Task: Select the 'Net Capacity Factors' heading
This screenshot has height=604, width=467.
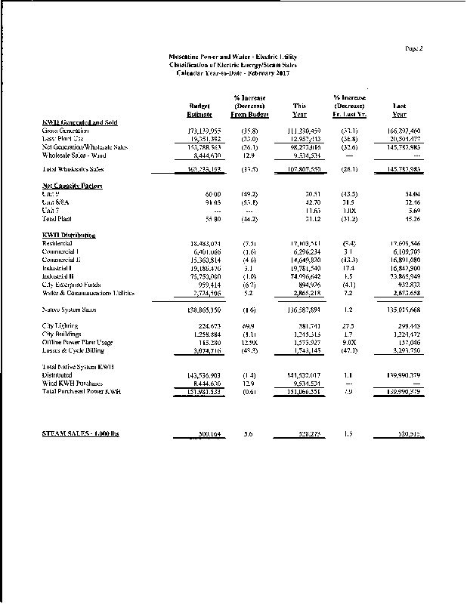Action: [73, 185]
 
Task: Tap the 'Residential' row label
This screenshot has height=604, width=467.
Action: [60, 243]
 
